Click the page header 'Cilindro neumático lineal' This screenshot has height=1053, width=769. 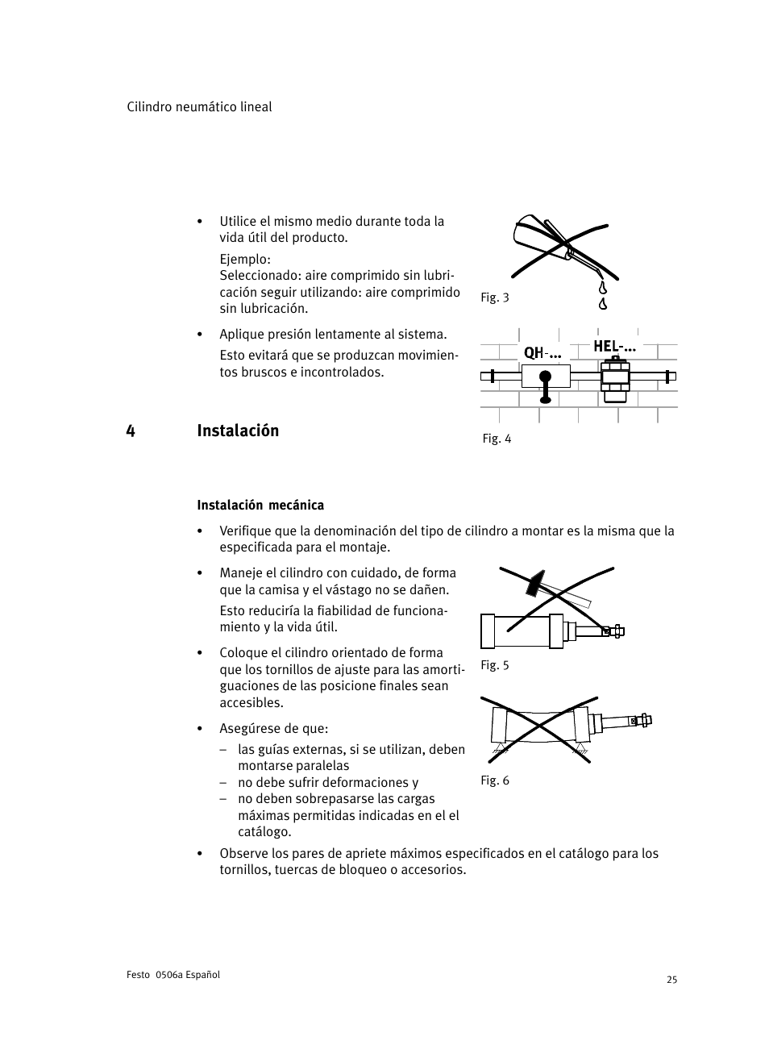(199, 107)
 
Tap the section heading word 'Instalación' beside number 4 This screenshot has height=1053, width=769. (238, 431)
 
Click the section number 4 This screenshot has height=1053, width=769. (131, 431)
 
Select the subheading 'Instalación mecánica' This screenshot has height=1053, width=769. (260, 506)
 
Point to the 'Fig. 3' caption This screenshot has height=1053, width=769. (495, 298)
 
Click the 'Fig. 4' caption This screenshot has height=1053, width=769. (497, 439)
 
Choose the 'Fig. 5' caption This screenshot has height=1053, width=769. (495, 665)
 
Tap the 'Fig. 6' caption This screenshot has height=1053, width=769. (495, 780)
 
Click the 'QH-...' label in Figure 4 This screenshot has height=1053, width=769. (542, 353)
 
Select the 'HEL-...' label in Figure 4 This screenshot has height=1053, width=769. (614, 347)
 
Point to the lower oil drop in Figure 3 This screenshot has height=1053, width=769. (602, 304)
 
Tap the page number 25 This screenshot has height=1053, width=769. (671, 980)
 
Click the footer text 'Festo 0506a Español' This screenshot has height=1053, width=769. (173, 975)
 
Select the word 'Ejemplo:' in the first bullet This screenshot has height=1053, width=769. (245, 260)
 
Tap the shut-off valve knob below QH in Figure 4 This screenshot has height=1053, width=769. (546, 377)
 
